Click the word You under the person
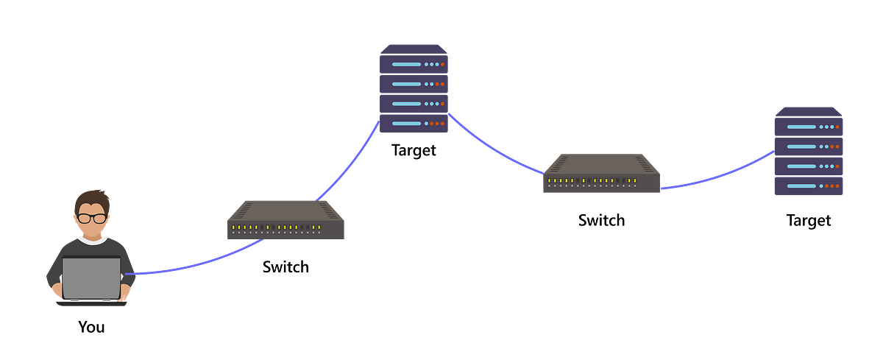[x=91, y=327]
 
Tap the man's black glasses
[x=91, y=218]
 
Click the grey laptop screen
[x=91, y=278]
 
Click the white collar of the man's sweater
[x=92, y=240]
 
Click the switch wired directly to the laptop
[x=286, y=219]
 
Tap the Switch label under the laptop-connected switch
[x=286, y=267]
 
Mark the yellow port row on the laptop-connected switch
[x=276, y=227]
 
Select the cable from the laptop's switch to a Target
[x=352, y=164]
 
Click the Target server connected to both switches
[x=414, y=88]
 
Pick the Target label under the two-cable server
[x=414, y=150]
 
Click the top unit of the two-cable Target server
[x=414, y=63]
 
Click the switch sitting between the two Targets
[x=601, y=173]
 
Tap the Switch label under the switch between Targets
[x=601, y=220]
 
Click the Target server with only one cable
[x=809, y=151]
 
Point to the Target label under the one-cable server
[x=809, y=220]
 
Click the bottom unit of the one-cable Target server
[x=809, y=186]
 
